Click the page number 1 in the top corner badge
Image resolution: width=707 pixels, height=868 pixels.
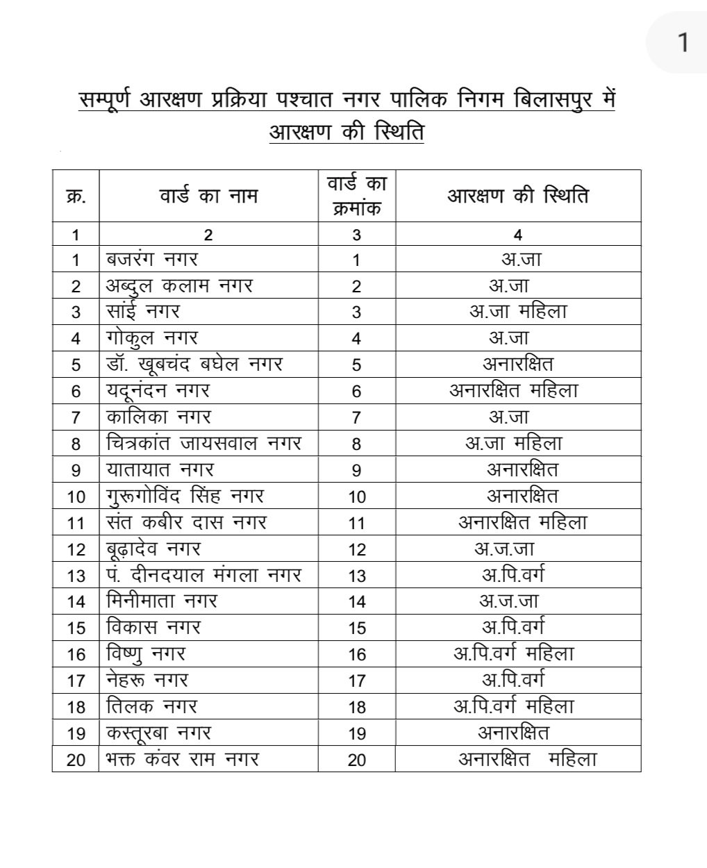pos(683,42)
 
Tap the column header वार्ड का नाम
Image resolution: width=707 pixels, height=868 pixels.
pos(208,196)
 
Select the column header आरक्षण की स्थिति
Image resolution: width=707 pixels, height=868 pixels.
pos(517,196)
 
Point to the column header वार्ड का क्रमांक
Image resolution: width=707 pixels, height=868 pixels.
pos(357,196)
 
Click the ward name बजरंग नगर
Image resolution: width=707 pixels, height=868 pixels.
pos(152,260)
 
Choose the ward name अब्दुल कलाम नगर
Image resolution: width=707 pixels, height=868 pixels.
pos(179,285)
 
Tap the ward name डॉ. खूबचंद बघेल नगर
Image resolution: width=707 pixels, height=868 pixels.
pos(194,364)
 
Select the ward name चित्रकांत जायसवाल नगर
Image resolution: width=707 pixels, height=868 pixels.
pos(204,443)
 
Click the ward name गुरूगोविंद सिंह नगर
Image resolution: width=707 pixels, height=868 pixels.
pos(185,496)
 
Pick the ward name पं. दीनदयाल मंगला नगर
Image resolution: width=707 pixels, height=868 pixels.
pos(204,575)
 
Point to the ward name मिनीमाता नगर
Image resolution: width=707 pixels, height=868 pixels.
pos(162,601)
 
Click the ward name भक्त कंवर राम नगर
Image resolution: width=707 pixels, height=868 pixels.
pos(183,759)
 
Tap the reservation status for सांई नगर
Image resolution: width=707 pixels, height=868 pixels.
pos(518,312)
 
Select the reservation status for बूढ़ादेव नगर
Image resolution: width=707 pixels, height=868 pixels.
pos(504,549)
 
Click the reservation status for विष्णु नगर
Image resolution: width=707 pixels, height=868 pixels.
pos(513,653)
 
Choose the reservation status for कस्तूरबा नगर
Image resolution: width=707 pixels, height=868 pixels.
pos(513,733)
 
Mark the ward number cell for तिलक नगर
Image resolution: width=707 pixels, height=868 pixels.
pos(357,707)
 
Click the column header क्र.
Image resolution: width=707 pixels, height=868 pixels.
pos(76,196)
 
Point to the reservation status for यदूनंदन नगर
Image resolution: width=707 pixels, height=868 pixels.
pos(513,391)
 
